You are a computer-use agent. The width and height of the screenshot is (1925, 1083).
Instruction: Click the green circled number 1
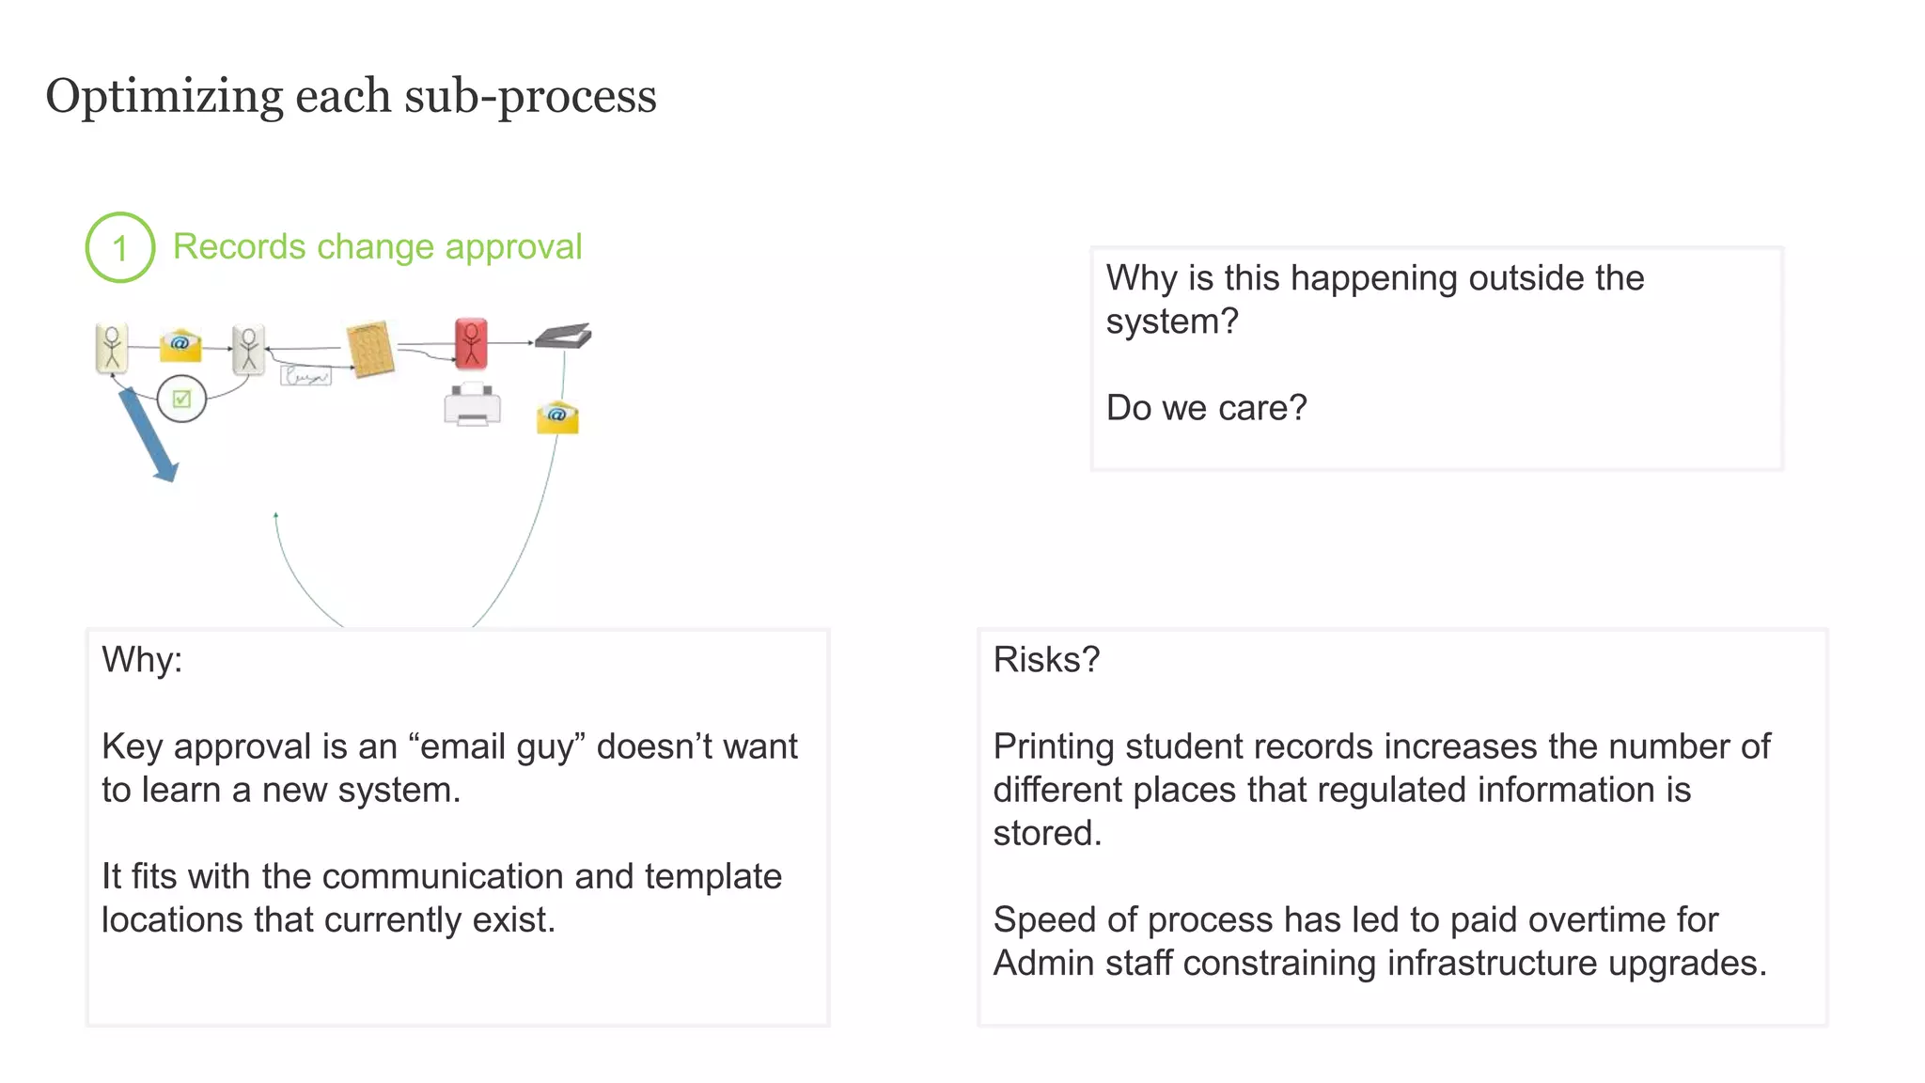click(120, 248)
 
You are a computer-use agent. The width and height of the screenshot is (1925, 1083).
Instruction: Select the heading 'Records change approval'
click(377, 247)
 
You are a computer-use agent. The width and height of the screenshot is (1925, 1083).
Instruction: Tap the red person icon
click(471, 343)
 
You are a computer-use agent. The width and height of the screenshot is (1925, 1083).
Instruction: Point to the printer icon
click(472, 405)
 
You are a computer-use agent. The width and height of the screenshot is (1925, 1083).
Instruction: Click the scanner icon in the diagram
click(564, 336)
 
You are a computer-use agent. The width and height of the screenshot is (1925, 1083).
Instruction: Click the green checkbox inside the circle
click(181, 399)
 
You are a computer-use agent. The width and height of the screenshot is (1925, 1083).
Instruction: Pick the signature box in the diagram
click(305, 376)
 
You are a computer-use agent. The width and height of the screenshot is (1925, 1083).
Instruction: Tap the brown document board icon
click(369, 349)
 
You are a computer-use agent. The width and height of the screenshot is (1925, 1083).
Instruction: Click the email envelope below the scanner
click(557, 416)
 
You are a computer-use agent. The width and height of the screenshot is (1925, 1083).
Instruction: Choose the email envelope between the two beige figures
click(180, 345)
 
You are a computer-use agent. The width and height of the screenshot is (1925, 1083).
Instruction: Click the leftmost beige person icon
click(112, 348)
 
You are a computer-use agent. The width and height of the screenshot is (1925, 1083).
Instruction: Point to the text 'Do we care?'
click(1206, 408)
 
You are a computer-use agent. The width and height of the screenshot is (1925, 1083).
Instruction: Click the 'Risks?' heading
click(1046, 660)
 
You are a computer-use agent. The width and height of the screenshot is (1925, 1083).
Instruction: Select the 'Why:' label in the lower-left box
click(142, 660)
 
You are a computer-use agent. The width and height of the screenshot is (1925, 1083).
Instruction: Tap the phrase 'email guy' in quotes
click(497, 746)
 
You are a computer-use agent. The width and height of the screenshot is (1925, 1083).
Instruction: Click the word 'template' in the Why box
click(712, 876)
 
